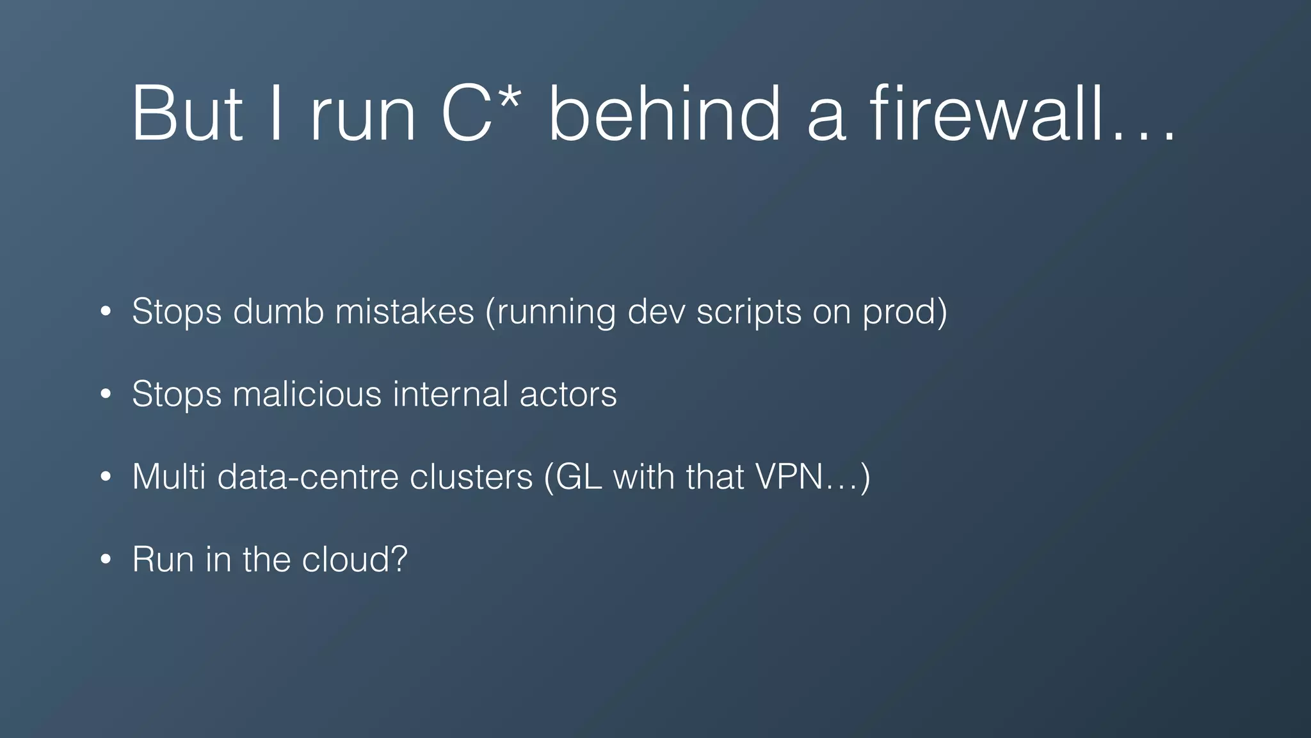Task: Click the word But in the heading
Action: click(187, 114)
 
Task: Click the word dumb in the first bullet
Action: click(278, 312)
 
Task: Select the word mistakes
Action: click(405, 312)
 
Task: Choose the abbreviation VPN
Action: click(788, 477)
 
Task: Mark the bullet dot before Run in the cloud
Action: click(106, 560)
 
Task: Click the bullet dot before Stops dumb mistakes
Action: click(106, 312)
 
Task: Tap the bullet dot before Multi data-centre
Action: click(106, 477)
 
